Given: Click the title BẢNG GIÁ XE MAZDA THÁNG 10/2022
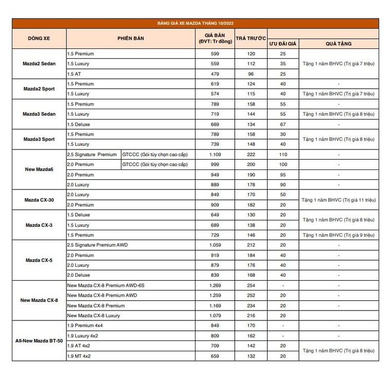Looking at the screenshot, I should pos(195,23).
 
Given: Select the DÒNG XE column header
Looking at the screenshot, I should pos(39,39).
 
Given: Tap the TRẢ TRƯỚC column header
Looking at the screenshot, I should pos(251,39).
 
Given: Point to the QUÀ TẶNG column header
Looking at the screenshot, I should pos(339,44).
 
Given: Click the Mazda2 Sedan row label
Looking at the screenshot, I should pos(39,64).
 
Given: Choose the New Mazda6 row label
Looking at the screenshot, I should pos(39,169).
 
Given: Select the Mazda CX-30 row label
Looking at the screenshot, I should pos(39,200).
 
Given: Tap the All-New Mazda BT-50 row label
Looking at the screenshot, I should pos(39,341).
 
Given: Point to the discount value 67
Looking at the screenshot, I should pos(283,124).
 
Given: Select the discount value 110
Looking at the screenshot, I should pos(283,155).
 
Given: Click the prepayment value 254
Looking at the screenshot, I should pos(251,285).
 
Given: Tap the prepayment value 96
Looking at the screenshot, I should pos(251,74).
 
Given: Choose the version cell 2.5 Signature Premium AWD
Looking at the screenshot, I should pos(97,245).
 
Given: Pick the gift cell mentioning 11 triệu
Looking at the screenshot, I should pos(339,200).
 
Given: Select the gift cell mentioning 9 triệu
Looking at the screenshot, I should pos(339,235).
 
